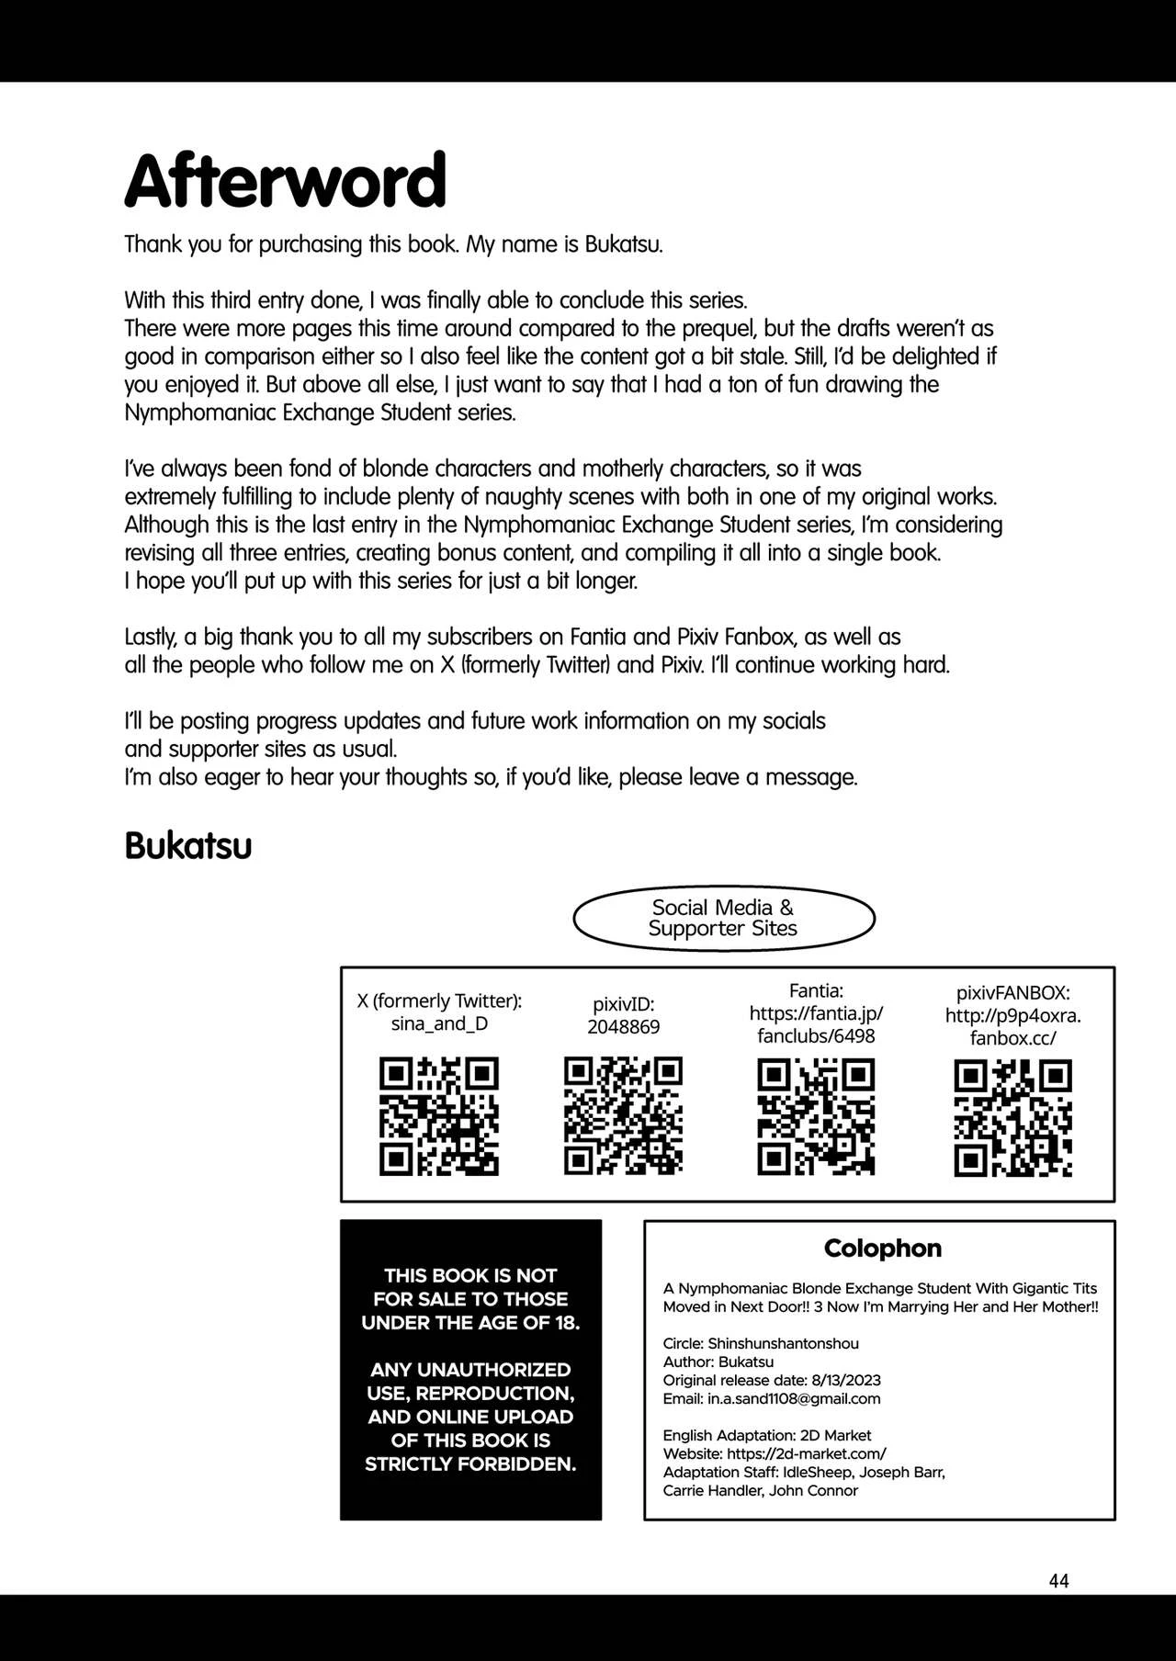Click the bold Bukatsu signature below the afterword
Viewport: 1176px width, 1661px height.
pos(188,846)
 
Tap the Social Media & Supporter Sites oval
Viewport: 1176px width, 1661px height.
pos(723,918)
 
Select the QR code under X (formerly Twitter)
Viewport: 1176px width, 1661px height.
pos(439,1116)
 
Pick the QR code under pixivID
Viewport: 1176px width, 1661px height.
pos(623,1116)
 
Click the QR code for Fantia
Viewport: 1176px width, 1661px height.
pos(816,1116)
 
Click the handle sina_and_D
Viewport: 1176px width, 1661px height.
pos(439,1023)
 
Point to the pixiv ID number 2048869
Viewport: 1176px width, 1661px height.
pos(623,1027)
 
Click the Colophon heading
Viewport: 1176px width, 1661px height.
pos(882,1248)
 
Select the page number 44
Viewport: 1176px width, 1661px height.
pos(1058,1580)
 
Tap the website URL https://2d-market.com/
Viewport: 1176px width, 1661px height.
pos(806,1453)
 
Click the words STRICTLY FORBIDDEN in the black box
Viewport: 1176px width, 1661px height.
pos(469,1463)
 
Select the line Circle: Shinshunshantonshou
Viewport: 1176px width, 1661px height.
pos(761,1343)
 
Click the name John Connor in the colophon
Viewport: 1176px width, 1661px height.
pos(813,1490)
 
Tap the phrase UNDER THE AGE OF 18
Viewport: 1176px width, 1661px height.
pos(469,1323)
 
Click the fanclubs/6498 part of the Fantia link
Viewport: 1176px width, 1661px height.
pos(816,1036)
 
